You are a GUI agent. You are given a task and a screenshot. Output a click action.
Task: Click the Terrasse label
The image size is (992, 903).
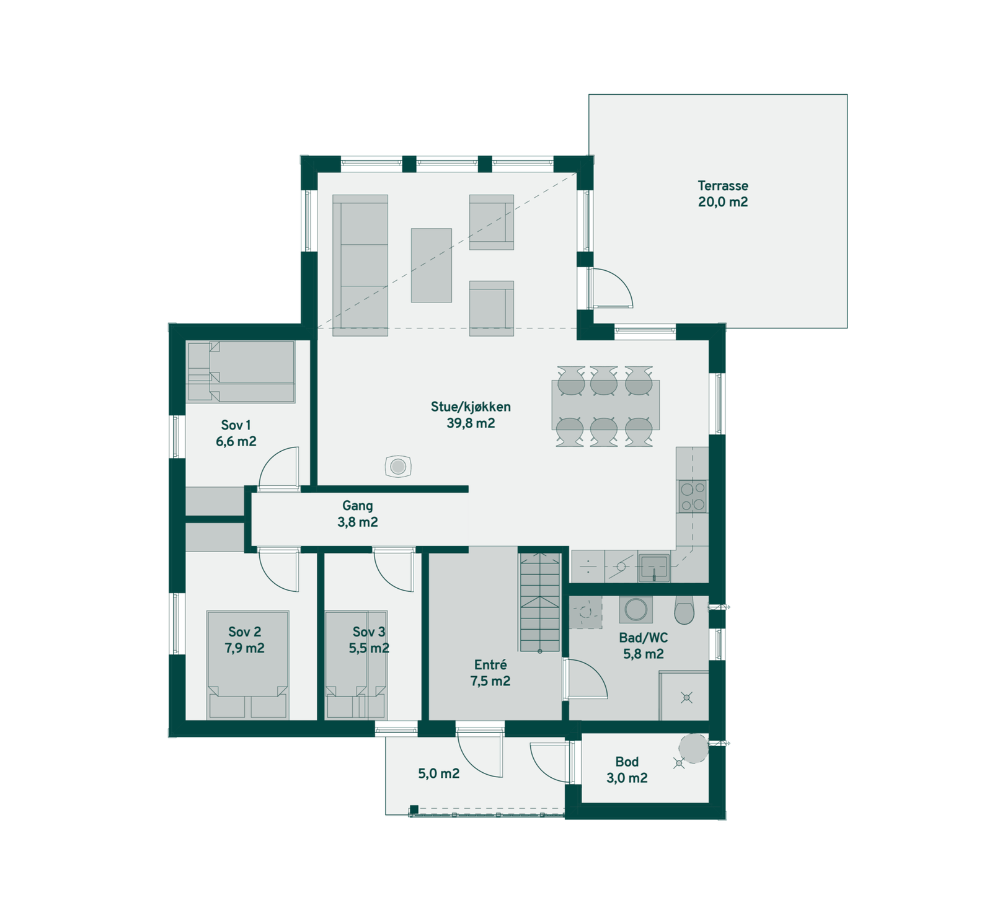click(x=722, y=185)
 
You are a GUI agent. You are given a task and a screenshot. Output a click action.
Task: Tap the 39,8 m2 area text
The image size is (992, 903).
click(x=471, y=423)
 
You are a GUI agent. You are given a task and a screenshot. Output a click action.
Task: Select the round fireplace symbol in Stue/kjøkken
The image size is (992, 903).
click(x=397, y=466)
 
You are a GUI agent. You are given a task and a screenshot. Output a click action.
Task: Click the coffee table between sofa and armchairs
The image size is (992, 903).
click(x=432, y=265)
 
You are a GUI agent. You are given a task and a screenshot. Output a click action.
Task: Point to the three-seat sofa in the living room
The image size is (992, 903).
click(x=360, y=265)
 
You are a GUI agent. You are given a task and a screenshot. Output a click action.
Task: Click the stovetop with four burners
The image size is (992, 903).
click(x=693, y=496)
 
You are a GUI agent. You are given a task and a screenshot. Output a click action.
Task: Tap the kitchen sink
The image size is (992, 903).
click(x=653, y=567)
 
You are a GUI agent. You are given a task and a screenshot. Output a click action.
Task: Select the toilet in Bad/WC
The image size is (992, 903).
click(x=684, y=611)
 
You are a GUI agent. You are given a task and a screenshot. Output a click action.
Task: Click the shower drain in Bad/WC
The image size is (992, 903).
click(x=686, y=698)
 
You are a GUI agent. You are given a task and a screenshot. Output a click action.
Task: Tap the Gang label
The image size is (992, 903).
click(x=357, y=506)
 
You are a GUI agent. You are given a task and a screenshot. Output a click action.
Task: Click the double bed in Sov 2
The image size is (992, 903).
click(x=248, y=665)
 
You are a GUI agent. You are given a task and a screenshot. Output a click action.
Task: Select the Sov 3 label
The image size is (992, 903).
click(x=369, y=632)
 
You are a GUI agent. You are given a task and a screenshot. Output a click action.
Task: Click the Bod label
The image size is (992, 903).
click(x=626, y=762)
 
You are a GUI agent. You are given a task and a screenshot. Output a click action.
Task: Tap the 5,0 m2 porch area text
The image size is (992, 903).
click(x=438, y=773)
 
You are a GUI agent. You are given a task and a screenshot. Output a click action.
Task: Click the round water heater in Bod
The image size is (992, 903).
click(x=693, y=748)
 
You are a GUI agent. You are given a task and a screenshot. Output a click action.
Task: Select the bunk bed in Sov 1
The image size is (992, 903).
click(x=241, y=371)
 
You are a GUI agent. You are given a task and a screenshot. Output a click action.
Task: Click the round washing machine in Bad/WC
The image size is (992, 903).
click(x=635, y=609)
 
